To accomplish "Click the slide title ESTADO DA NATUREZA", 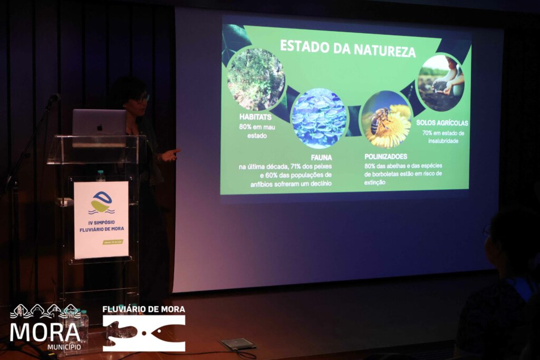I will [347, 47].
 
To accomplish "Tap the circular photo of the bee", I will [386, 119].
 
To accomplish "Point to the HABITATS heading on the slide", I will [255, 117].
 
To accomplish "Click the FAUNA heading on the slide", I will [321, 158].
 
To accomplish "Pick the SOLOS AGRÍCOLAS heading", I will [442, 123].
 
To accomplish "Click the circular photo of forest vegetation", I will [256, 79].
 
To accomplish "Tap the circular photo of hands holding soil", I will [440, 83].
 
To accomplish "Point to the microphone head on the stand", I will [54, 98].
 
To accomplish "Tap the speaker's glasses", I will [141, 99].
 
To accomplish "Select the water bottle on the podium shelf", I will [101, 176].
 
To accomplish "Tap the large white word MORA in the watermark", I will [44, 332].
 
